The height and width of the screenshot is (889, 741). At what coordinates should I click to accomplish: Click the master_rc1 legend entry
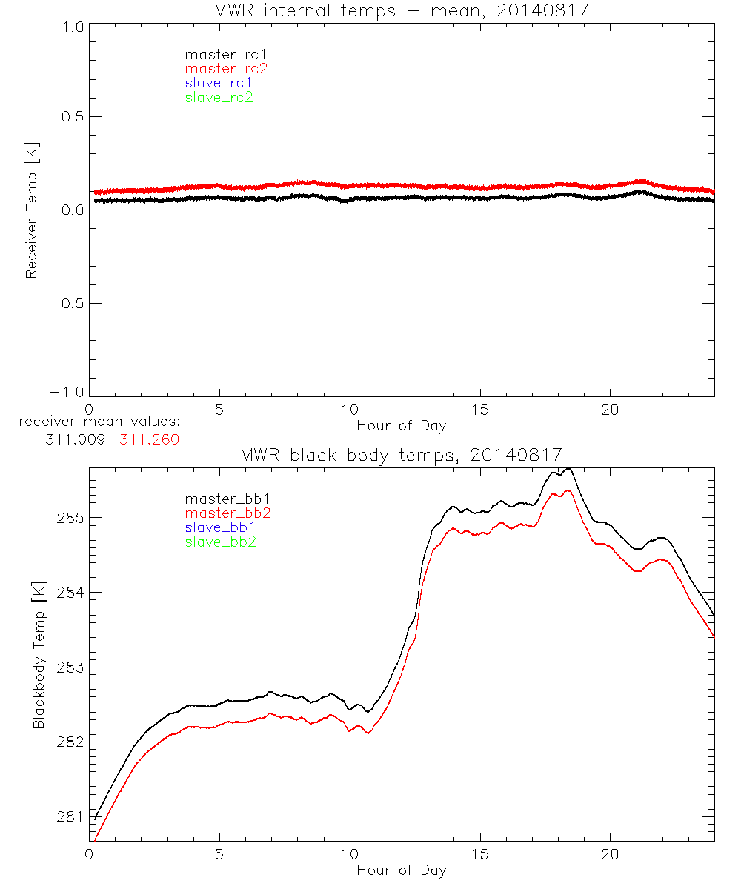pyautogui.click(x=219, y=54)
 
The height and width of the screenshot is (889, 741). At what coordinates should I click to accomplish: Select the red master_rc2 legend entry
pyautogui.click(x=226, y=68)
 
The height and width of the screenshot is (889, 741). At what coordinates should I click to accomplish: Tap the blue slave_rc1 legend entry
pyautogui.click(x=219, y=83)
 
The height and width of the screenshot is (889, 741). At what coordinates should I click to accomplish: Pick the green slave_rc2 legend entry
pyautogui.click(x=219, y=97)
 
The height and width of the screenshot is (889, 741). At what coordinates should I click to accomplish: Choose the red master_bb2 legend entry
pyautogui.click(x=228, y=513)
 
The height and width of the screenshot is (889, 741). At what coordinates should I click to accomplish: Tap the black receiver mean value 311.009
pyautogui.click(x=74, y=439)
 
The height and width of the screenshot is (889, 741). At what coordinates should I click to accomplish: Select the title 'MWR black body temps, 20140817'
pyautogui.click(x=401, y=454)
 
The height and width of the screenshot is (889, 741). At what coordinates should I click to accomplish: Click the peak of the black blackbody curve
pyautogui.click(x=568, y=469)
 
